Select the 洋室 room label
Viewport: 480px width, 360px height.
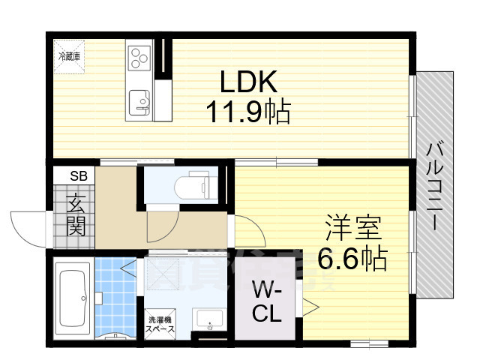click(353, 226)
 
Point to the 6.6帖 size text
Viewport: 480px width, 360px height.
click(352, 259)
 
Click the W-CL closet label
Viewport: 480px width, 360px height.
click(267, 300)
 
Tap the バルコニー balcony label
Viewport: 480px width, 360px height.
click(433, 185)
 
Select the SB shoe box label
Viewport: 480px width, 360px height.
click(78, 176)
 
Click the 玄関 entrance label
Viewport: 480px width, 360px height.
click(76, 214)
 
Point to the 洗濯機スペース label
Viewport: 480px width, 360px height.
click(160, 325)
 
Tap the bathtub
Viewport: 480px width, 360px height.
click(73, 295)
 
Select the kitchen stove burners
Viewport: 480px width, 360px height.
click(141, 57)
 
